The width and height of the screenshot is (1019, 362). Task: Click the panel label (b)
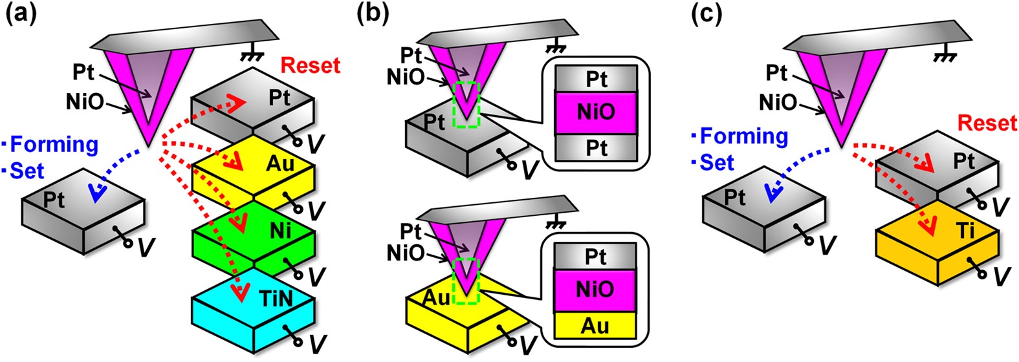pos(372,14)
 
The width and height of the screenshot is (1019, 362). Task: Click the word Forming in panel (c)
pos(744,136)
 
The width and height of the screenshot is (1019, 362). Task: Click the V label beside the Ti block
pos(1000,276)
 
